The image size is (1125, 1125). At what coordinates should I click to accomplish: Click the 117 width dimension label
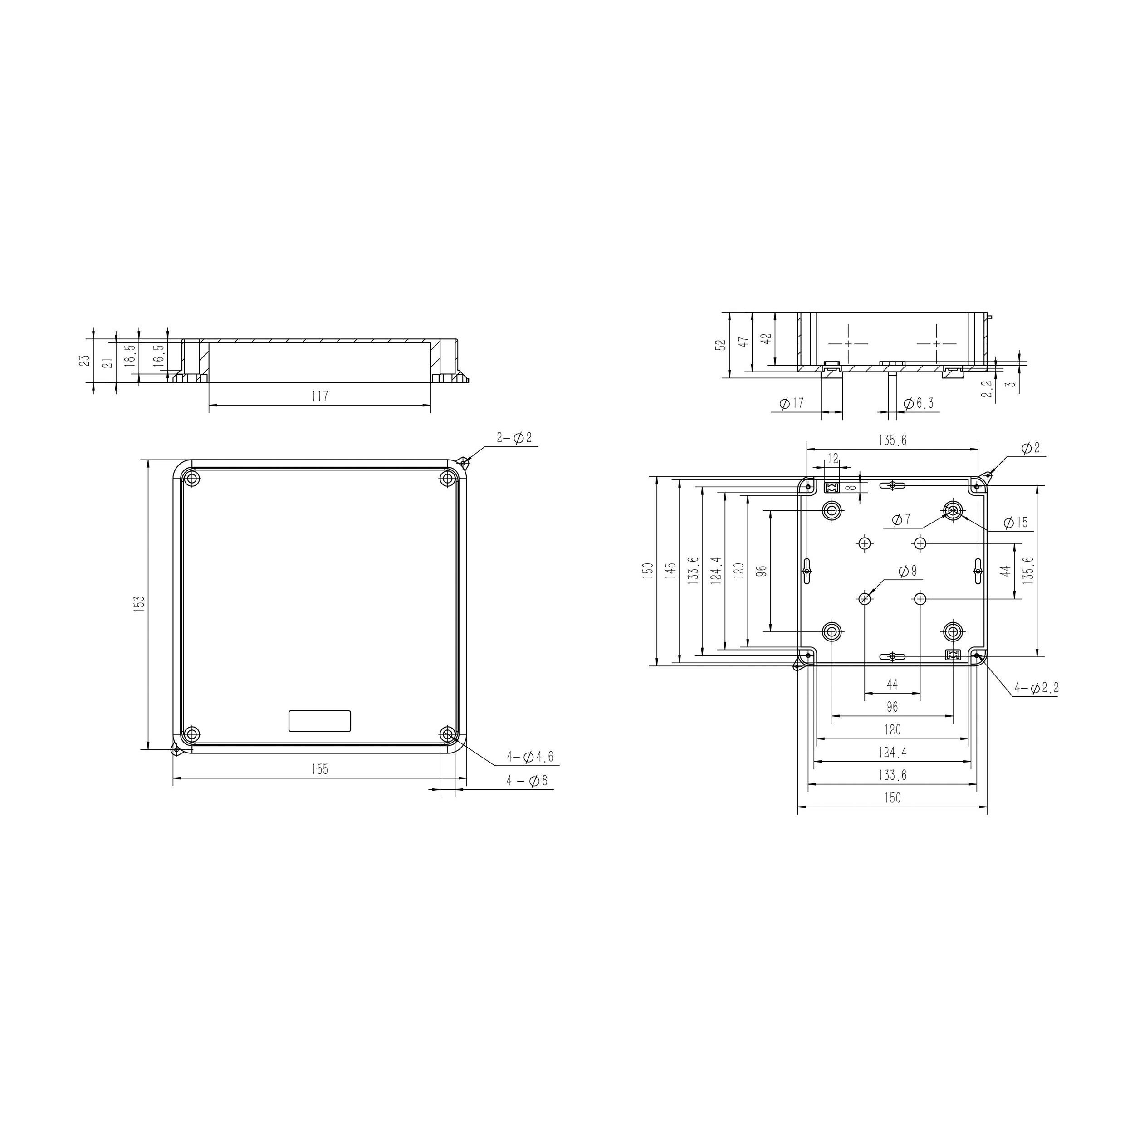[320, 396]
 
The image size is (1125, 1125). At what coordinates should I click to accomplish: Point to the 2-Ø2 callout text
[514, 438]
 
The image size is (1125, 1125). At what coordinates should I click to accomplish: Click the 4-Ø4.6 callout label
[529, 758]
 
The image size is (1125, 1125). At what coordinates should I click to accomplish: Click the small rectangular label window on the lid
[320, 721]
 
